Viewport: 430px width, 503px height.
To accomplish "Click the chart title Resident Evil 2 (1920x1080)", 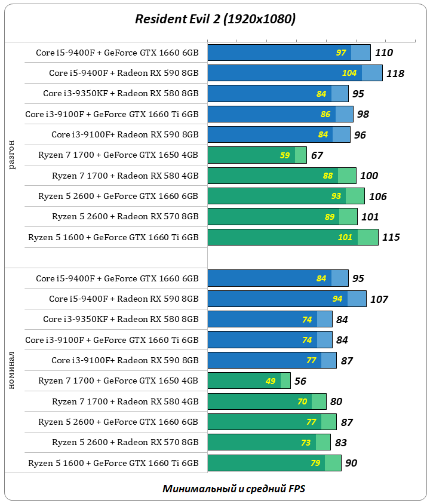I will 215,20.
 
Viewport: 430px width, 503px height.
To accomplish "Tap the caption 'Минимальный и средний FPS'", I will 234,489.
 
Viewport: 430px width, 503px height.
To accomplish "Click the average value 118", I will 395,73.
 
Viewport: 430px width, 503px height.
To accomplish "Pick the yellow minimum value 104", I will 349,73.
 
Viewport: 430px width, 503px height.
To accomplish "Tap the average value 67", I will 317,155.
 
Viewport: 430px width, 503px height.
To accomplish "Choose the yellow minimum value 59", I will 285,155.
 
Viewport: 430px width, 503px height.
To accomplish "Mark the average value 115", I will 391,237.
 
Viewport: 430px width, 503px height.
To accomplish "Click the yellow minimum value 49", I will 271,381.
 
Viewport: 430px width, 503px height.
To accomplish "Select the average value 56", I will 300,381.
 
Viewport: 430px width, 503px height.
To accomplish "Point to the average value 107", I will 379,299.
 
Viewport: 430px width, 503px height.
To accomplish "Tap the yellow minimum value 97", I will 341,53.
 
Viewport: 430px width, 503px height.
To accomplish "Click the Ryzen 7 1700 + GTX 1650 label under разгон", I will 118,155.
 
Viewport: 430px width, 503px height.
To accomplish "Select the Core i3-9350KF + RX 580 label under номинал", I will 121,320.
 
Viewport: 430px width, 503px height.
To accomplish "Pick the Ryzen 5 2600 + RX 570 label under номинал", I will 125,443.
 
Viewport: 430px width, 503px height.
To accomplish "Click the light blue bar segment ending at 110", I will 361,53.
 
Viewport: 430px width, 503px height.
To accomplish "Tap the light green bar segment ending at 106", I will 355,196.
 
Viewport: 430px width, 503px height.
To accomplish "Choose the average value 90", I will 351,463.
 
